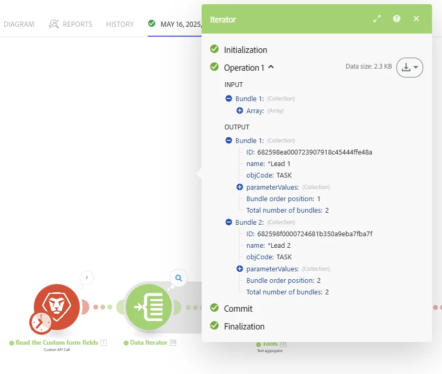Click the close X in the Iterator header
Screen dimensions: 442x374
click(x=416, y=19)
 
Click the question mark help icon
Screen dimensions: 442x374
click(x=396, y=19)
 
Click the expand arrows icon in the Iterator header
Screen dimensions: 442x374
click(x=377, y=19)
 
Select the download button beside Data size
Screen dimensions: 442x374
click(x=410, y=68)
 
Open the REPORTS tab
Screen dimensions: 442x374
click(x=71, y=24)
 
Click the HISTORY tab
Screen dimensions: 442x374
click(x=120, y=24)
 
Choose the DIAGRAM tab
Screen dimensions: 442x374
click(x=19, y=24)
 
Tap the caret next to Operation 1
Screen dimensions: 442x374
click(x=271, y=67)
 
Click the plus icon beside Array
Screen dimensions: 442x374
click(x=240, y=111)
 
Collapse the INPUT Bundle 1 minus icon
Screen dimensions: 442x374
click(x=229, y=98)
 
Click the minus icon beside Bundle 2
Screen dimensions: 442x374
click(x=229, y=222)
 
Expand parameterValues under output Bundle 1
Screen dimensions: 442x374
click(x=240, y=187)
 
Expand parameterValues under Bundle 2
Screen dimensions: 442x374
click(x=240, y=269)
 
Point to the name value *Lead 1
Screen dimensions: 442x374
click(x=279, y=164)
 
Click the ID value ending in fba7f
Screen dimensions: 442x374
click(x=315, y=234)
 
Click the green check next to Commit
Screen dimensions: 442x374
click(x=214, y=307)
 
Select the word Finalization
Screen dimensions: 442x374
click(x=244, y=326)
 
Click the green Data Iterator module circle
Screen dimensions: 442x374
click(x=149, y=307)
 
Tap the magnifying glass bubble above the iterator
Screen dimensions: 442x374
click(x=179, y=278)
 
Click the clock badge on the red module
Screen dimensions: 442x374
click(x=41, y=322)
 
